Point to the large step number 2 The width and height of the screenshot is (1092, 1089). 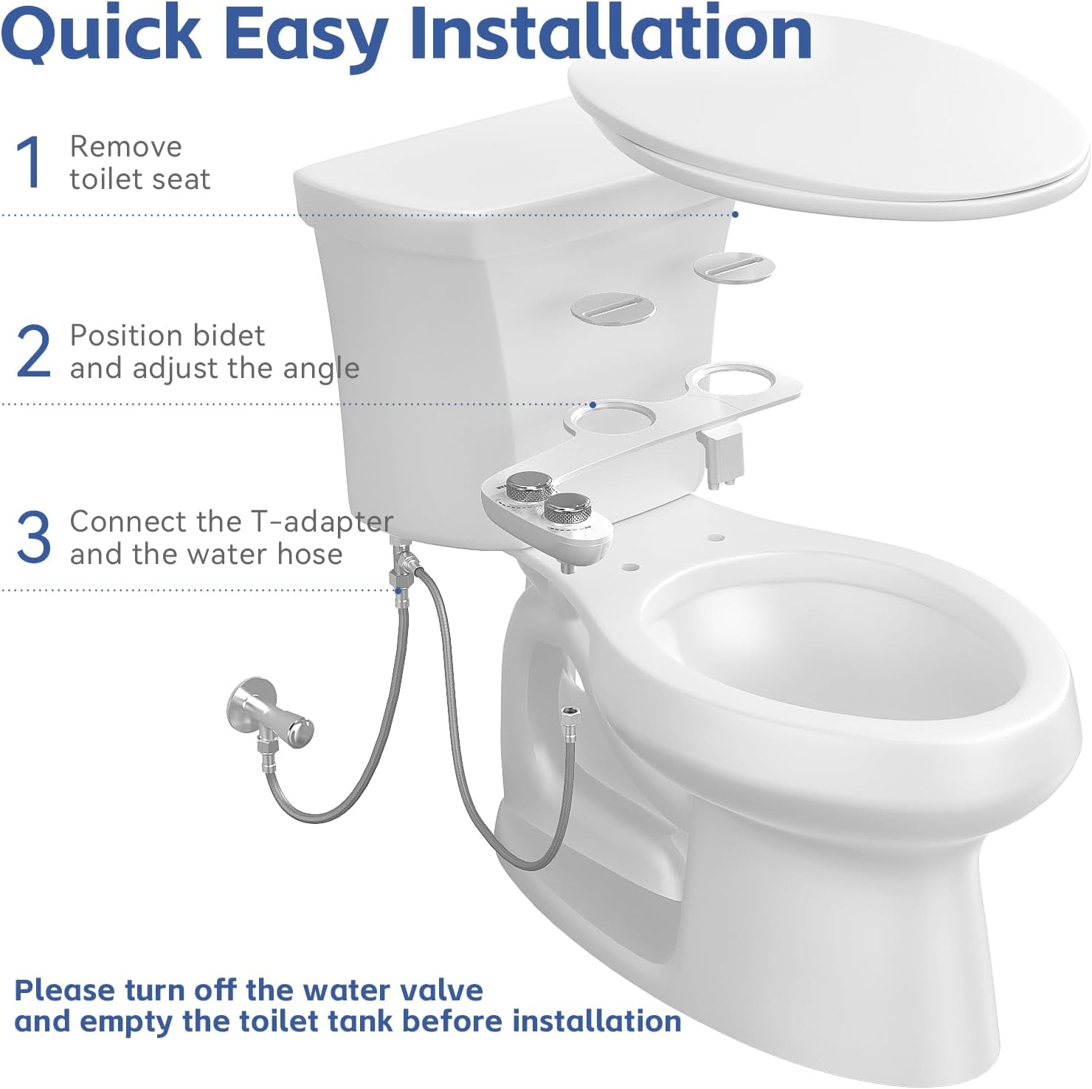(33, 351)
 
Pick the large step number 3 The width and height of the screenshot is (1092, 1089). (33, 537)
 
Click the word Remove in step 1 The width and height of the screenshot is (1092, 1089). (125, 146)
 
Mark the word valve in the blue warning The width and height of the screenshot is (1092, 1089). (446, 990)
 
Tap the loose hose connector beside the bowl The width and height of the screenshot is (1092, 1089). (570, 716)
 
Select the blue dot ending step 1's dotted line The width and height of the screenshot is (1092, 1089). (735, 214)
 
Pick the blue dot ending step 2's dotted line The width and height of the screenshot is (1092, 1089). (592, 405)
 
